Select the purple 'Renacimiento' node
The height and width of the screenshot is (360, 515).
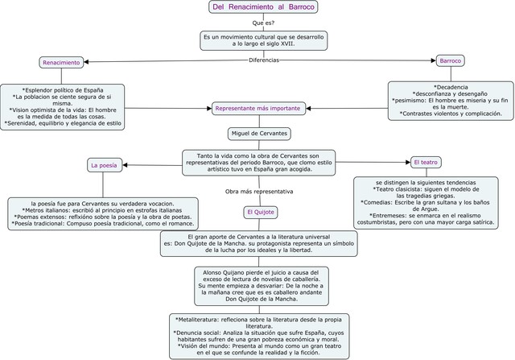click(x=61, y=62)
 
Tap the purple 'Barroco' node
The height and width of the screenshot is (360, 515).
click(x=448, y=60)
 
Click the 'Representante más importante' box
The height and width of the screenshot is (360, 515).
click(x=258, y=108)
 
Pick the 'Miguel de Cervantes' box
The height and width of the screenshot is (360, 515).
click(x=258, y=132)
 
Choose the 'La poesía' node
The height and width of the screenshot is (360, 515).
click(x=104, y=165)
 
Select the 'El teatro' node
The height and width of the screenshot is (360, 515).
click(x=426, y=162)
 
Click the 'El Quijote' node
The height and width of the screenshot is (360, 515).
click(x=261, y=212)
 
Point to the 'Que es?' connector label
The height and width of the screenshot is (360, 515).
click(x=263, y=23)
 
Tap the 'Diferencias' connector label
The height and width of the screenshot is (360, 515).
click(x=263, y=60)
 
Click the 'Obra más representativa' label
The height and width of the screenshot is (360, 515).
click(x=259, y=192)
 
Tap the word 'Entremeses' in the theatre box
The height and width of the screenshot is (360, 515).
click(x=390, y=215)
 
